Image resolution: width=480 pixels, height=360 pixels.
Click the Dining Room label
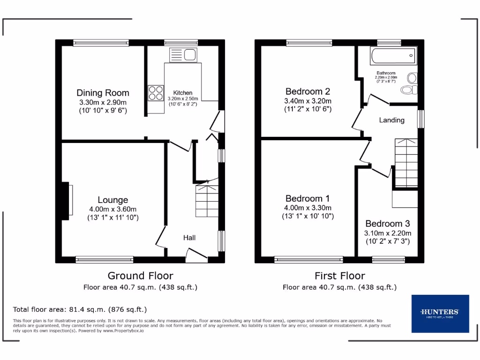pos(103,93)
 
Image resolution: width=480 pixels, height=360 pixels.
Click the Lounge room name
pos(112,200)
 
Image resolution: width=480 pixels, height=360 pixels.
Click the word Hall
pos(189,238)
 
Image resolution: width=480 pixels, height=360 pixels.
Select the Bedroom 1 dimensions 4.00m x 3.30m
pos(307,208)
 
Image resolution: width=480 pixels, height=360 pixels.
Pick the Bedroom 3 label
pos(387,224)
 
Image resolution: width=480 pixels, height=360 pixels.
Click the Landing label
pos(391,120)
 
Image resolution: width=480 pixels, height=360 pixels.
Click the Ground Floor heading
pos(140,276)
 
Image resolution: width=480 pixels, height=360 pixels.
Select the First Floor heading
pos(339,276)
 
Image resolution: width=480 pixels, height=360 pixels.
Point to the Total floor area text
pos(80,309)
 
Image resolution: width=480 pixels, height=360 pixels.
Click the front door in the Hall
pos(197,255)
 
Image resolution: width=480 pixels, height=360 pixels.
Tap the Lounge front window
pos(105,259)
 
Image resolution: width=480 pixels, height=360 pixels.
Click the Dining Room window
pos(101,43)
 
